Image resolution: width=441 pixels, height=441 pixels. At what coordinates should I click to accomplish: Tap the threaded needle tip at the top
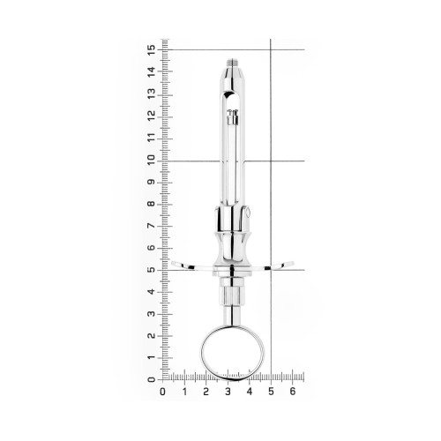(233, 63)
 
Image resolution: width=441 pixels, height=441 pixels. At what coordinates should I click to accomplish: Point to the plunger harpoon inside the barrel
(233, 117)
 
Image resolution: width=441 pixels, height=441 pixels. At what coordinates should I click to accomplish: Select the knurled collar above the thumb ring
(232, 296)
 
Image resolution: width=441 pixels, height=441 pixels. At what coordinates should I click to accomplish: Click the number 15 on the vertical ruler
(152, 50)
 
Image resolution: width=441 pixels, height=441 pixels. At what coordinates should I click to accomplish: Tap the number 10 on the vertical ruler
(151, 160)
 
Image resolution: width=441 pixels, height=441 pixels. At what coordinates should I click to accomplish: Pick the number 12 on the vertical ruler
(152, 116)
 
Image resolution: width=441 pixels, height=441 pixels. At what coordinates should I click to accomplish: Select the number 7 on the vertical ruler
(151, 226)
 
